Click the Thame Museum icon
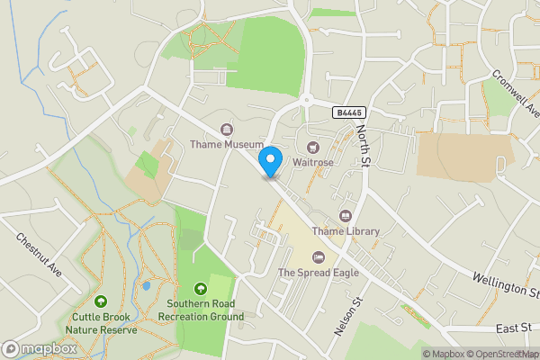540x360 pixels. [x=225, y=129]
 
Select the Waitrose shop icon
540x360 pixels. [x=313, y=147]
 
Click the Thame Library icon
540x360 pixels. [x=346, y=216]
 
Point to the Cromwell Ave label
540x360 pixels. [x=514, y=87]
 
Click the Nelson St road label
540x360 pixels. [x=347, y=317]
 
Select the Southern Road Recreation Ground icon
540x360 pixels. [x=200, y=289]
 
